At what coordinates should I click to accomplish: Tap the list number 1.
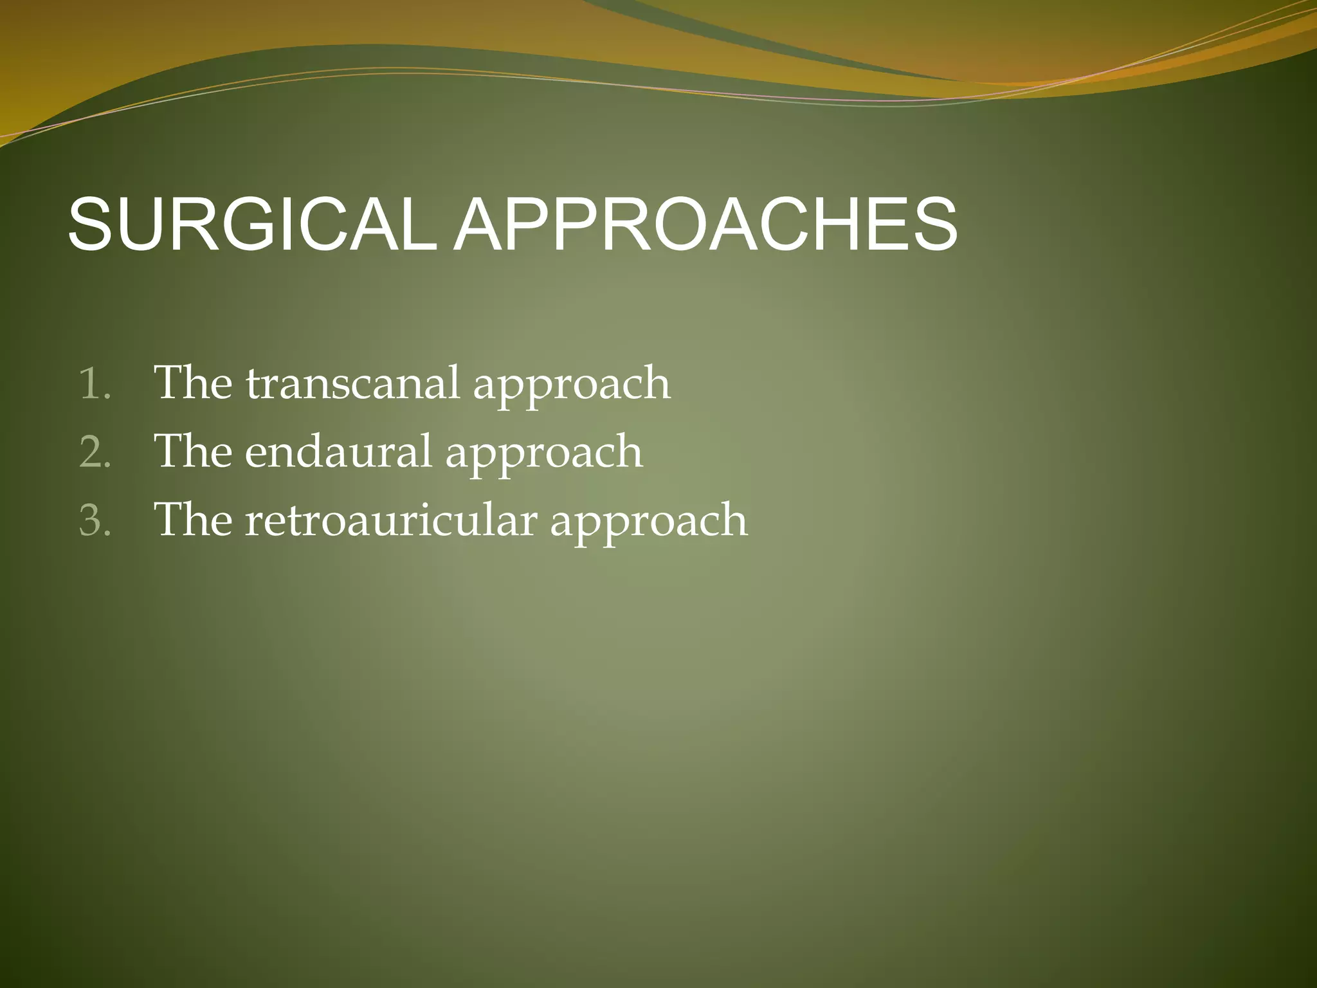pyautogui.click(x=95, y=385)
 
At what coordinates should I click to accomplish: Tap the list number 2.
pyautogui.click(x=95, y=453)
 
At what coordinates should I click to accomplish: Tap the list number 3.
pyautogui.click(x=95, y=521)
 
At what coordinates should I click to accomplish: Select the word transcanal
pyautogui.click(x=352, y=383)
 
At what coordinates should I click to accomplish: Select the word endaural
pyautogui.click(x=338, y=452)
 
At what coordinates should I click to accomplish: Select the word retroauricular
pyautogui.click(x=390, y=520)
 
